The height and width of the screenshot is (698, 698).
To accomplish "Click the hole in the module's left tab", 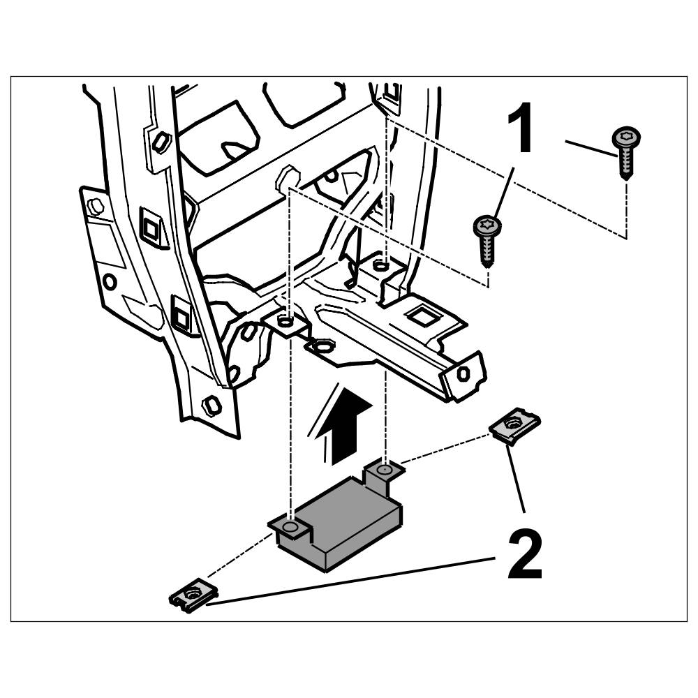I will tap(291, 525).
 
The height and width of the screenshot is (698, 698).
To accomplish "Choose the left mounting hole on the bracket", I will tap(284, 322).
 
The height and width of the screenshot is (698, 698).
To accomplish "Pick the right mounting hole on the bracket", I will tap(380, 265).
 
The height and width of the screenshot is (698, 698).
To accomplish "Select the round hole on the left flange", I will tap(109, 282).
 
